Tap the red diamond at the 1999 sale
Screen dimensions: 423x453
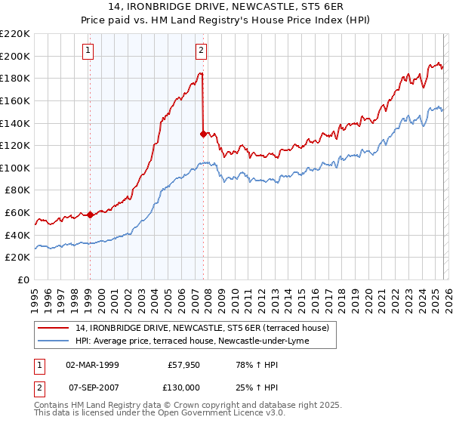click(x=90, y=215)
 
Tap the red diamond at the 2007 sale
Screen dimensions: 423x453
click(x=203, y=134)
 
